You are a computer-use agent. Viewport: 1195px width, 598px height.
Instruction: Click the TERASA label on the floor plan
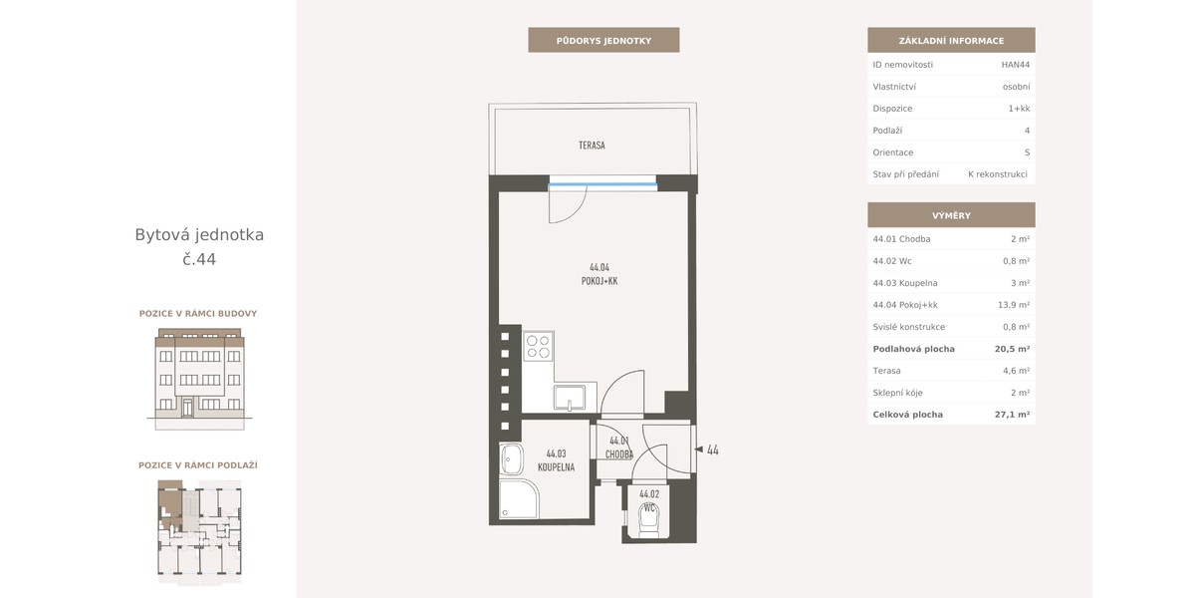592,146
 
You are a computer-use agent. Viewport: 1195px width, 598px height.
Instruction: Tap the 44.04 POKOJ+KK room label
599,274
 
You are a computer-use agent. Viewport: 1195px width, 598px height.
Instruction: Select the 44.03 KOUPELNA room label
556,460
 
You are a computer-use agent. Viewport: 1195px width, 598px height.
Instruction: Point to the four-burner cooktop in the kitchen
538,346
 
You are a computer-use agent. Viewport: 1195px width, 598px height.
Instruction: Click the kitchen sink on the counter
570,398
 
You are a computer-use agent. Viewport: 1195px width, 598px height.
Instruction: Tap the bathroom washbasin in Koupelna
511,459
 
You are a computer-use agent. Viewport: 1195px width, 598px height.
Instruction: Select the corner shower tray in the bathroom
519,498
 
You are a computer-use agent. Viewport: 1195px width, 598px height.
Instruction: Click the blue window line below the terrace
602,184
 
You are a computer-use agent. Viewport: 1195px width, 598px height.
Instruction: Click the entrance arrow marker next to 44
698,449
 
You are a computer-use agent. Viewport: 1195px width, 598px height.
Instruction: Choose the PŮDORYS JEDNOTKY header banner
603,40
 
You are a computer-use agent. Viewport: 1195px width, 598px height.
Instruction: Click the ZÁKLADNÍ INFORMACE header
951,40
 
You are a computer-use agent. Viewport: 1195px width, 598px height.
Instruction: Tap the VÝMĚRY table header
951,215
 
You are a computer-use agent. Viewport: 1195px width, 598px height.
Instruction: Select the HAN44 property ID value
1015,65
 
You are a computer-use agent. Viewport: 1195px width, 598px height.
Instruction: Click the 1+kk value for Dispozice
1019,109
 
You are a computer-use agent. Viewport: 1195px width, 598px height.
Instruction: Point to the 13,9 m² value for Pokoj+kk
1014,305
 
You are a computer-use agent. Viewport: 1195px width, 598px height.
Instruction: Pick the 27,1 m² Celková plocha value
1012,415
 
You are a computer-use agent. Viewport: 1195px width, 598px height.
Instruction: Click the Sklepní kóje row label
897,393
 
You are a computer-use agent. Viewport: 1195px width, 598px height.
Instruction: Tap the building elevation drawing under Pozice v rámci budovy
199,379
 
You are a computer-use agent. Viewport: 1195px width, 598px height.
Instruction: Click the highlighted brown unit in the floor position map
170,503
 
